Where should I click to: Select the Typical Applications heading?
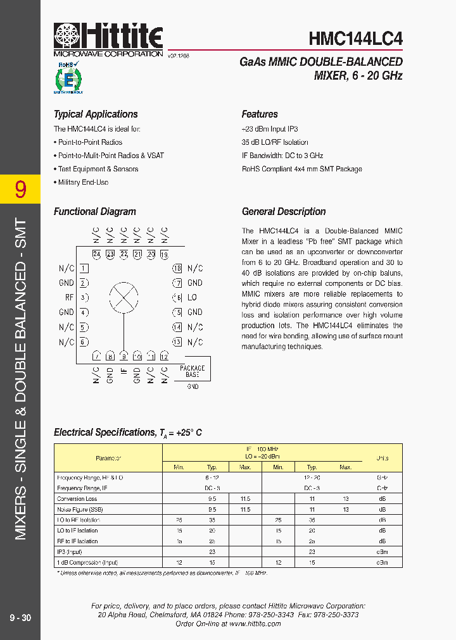pos(96,114)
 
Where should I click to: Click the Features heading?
pos(260,114)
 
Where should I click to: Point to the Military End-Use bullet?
pos(83,182)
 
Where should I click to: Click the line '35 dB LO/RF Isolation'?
pos(275,142)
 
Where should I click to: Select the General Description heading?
pos(284,212)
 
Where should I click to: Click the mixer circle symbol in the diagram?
pos(123,297)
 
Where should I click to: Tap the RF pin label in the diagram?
pos(70,297)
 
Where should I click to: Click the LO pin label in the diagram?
pos(193,297)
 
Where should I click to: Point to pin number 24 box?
pos(96,255)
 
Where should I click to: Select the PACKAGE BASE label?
pos(193,371)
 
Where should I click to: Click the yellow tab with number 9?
pos(20,189)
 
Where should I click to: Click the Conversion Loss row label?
pos(77,499)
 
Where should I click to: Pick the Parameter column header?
pos(108,458)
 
